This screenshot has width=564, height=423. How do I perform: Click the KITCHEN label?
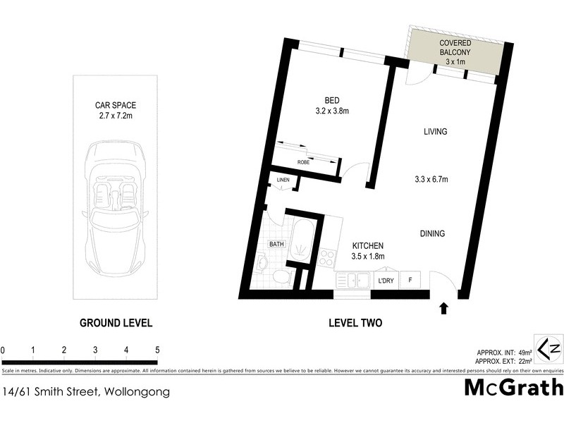click(367, 246)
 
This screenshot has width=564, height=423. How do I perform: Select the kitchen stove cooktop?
click(326, 259)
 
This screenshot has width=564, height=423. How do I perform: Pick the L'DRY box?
click(385, 281)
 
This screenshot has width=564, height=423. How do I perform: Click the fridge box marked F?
click(411, 281)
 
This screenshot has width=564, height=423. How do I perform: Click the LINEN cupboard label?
click(283, 180)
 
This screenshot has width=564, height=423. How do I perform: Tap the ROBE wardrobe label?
click(303, 162)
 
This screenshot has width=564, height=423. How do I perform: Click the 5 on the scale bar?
click(157, 350)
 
